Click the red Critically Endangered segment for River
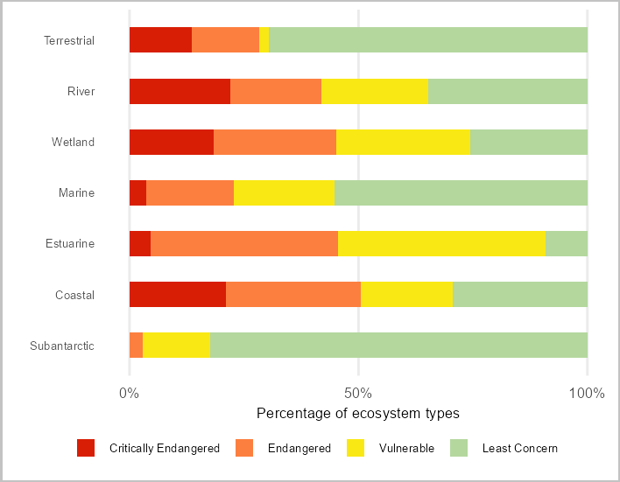tap(180, 91)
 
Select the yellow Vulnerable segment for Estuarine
tap(441, 243)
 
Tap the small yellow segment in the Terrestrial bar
tap(264, 40)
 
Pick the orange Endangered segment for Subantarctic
tap(136, 346)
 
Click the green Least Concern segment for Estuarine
tap(566, 243)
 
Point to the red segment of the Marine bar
tap(137, 192)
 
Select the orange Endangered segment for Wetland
tap(275, 142)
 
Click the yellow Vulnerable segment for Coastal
tap(406, 295)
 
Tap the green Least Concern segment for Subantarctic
tap(398, 346)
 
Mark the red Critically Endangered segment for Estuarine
tap(140, 243)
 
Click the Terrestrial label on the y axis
tap(69, 40)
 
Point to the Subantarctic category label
tap(62, 346)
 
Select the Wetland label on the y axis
tap(73, 142)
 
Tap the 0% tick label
tap(130, 393)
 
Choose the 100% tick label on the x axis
tap(586, 393)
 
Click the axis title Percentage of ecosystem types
tap(358, 413)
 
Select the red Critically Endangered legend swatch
tap(86, 448)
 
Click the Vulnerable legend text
tap(406, 449)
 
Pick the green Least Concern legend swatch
tap(460, 448)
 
